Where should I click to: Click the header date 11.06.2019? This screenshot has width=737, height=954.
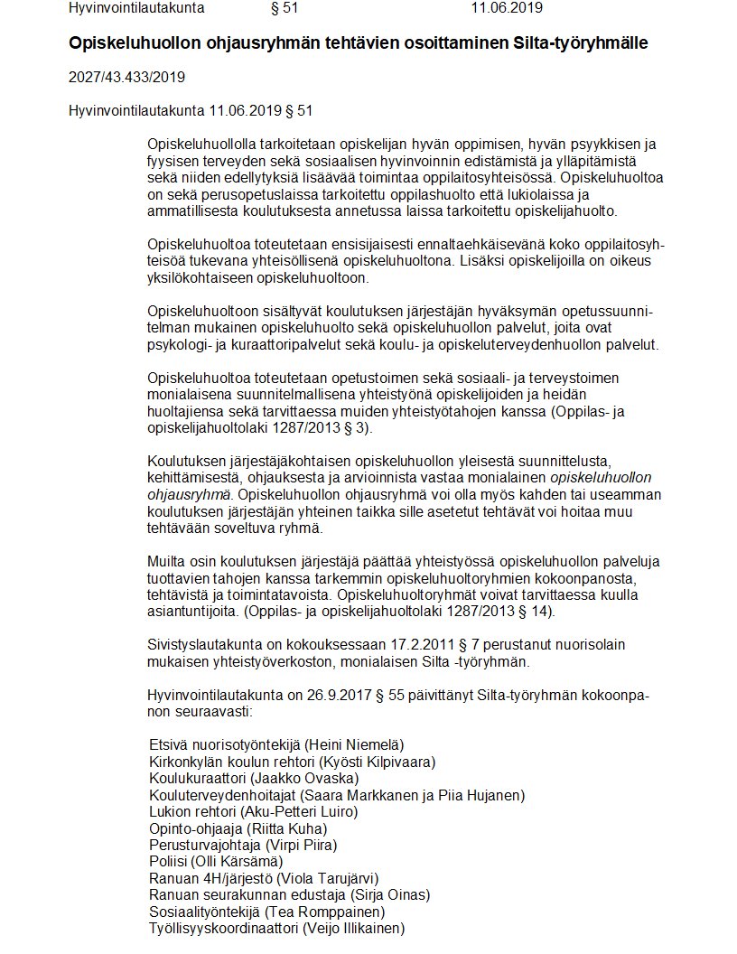click(x=506, y=8)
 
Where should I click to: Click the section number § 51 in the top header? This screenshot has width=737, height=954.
click(x=285, y=8)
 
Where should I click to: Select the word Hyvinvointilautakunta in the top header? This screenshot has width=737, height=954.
click(x=136, y=8)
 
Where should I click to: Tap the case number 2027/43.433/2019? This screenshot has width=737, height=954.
click(x=126, y=77)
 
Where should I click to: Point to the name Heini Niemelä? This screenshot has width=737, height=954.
click(x=354, y=745)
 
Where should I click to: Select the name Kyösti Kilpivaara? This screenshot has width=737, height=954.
click(x=379, y=762)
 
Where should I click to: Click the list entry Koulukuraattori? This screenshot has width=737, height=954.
click(x=197, y=779)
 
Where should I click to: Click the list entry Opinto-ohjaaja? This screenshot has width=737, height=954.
click(x=192, y=829)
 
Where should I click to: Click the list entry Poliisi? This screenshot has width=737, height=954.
click(x=168, y=862)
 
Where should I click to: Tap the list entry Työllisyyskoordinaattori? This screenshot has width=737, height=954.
click(x=225, y=929)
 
